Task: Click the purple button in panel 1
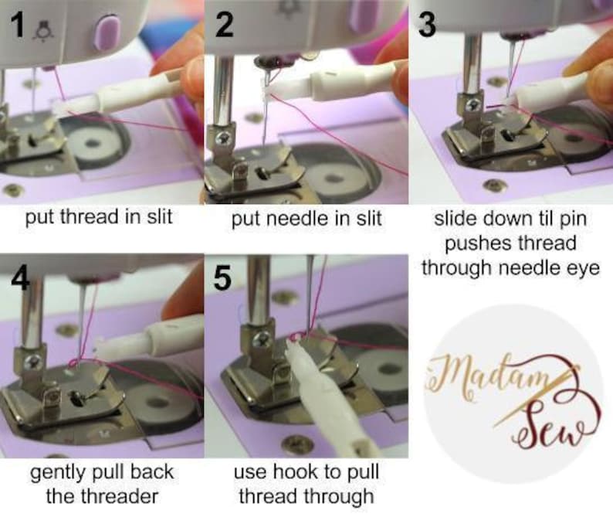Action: coord(107,34)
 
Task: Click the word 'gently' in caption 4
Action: coord(56,471)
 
